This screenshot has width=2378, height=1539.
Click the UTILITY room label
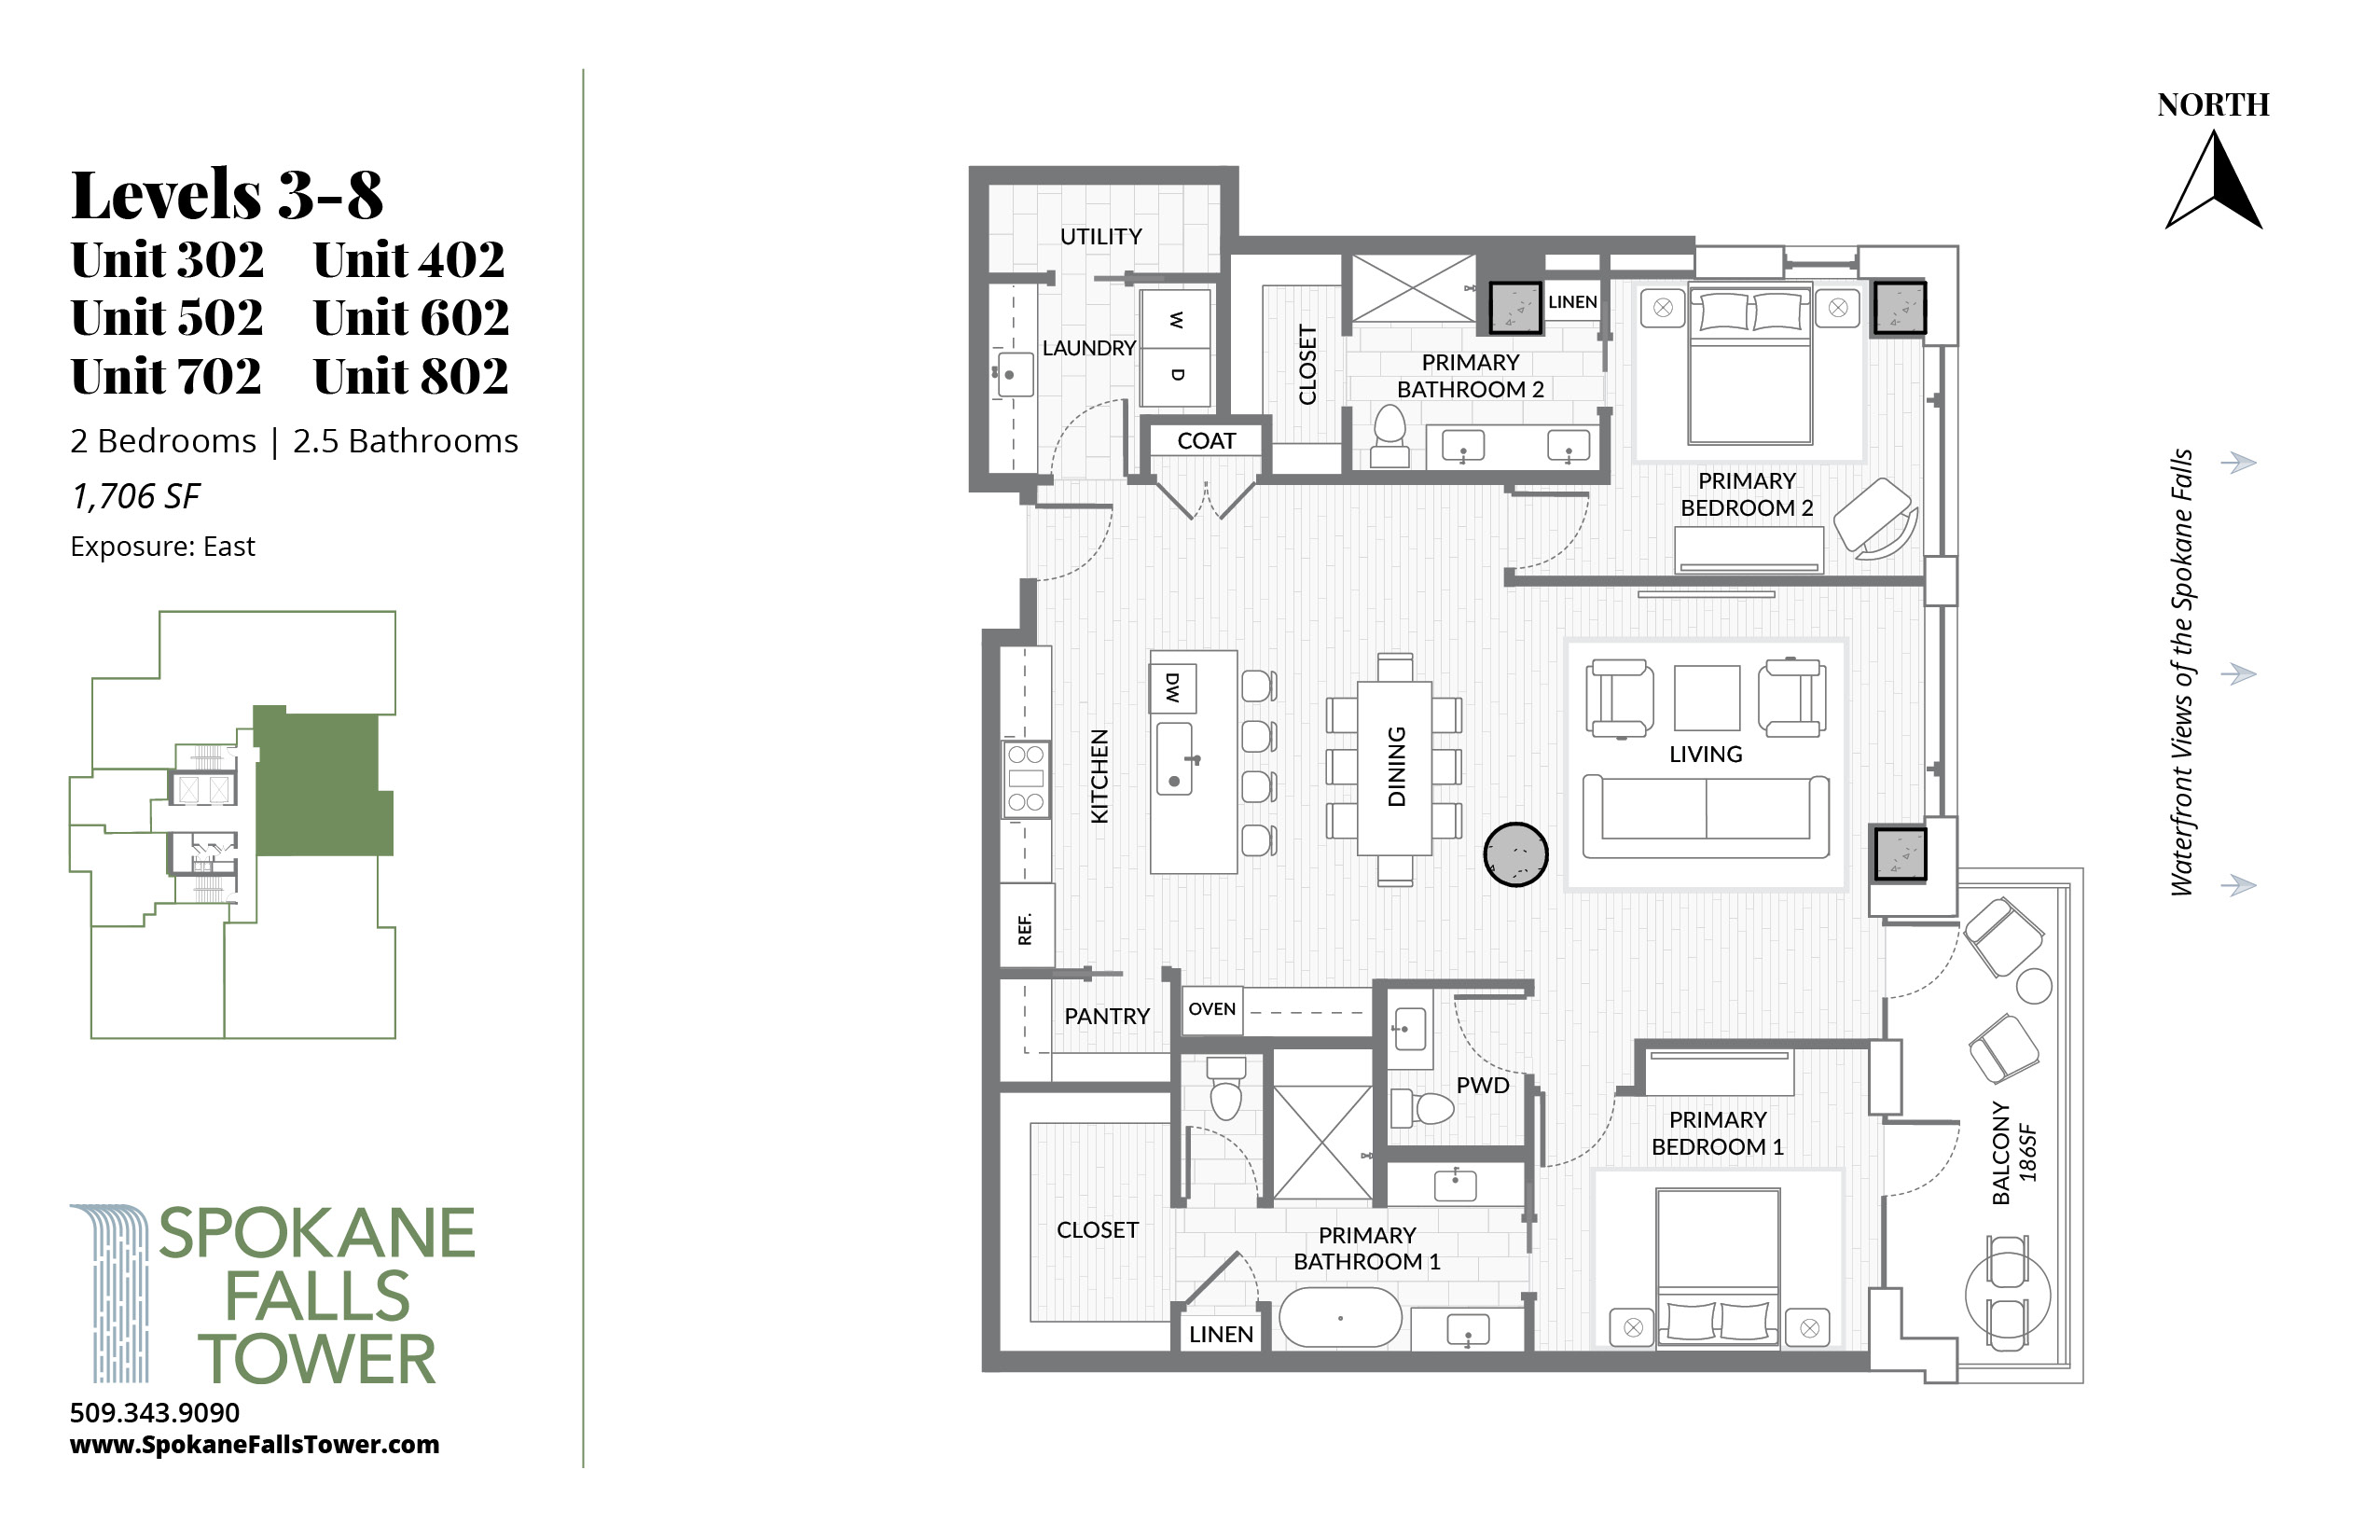(1100, 237)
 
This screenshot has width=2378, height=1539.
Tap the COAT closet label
(1206, 440)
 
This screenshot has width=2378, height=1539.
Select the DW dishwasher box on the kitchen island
(1173, 687)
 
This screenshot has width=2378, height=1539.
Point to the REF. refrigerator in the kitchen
(1026, 926)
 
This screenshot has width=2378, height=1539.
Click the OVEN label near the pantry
(1212, 1008)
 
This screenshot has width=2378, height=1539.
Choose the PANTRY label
(1107, 1017)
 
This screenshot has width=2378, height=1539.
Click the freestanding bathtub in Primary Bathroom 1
(1341, 1318)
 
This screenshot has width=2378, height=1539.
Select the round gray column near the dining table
(1515, 854)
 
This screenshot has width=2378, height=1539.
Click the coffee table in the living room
(1707, 698)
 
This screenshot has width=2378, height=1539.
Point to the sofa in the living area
(1707, 816)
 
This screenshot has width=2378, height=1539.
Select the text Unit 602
(410, 318)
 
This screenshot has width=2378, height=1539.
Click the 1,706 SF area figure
(136, 496)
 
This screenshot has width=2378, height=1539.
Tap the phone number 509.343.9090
(155, 1412)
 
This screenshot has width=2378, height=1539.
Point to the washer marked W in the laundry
(1176, 320)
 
